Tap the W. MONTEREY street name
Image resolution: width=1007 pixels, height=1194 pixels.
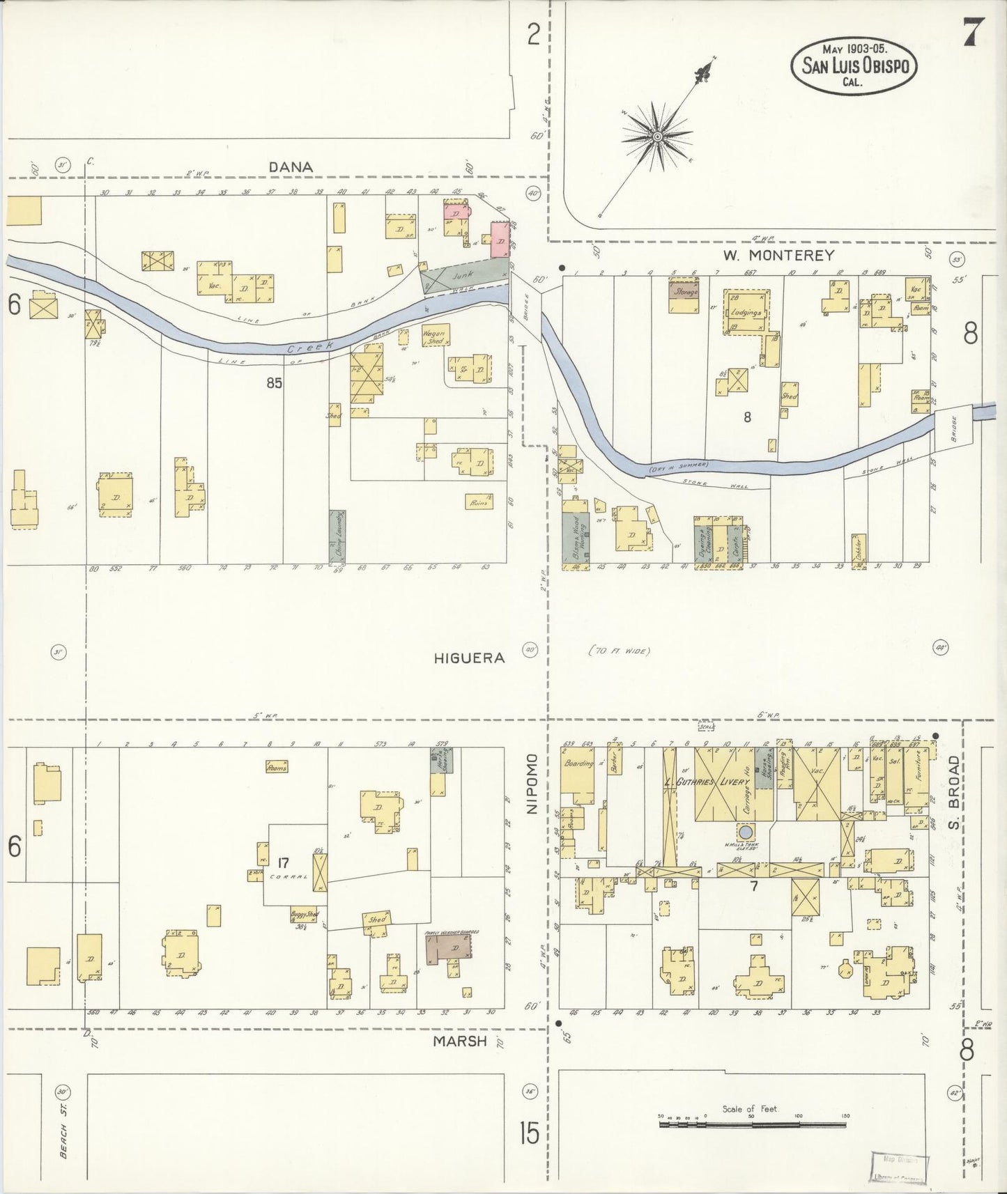(x=778, y=256)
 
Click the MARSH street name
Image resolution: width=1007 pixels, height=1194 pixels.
(x=459, y=1041)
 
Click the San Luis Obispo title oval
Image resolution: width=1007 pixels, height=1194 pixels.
(x=854, y=65)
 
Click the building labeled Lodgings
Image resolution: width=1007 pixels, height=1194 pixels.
(x=744, y=312)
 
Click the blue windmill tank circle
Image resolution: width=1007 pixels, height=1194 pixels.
(x=746, y=832)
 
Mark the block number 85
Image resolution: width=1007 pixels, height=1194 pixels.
(x=274, y=382)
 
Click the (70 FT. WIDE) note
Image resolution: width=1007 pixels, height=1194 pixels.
(x=619, y=651)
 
